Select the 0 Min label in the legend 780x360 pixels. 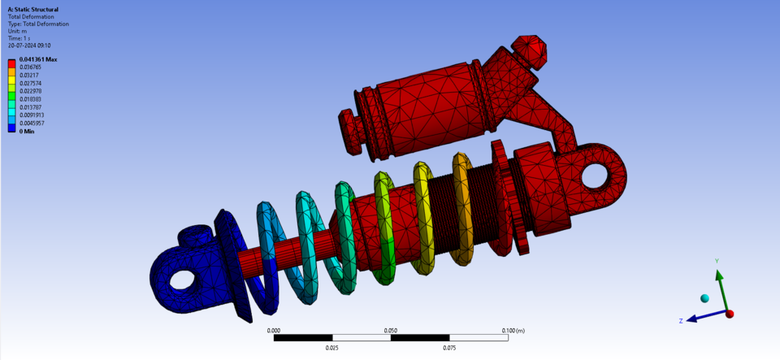(x=27, y=131)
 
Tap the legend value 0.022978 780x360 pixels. (x=30, y=91)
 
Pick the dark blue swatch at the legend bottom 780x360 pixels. (x=12, y=127)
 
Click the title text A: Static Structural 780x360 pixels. (x=32, y=10)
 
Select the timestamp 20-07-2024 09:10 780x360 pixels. (x=28, y=46)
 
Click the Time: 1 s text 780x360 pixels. (x=19, y=38)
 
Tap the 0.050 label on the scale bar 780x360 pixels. (x=391, y=331)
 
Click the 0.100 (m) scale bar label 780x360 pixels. (x=513, y=331)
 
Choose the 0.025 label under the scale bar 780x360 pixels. (x=331, y=347)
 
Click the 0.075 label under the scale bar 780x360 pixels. (x=449, y=347)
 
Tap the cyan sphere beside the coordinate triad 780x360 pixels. (x=704, y=299)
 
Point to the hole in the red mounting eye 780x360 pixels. (x=602, y=175)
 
